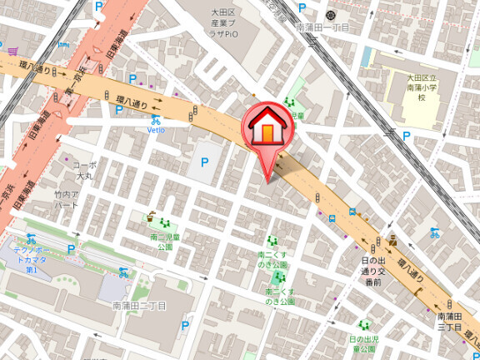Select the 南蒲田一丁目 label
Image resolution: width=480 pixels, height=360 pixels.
(322, 27)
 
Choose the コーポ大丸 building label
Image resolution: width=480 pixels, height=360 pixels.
(84, 170)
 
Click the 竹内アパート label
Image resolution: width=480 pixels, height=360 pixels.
(66, 199)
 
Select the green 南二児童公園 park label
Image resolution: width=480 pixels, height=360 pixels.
(162, 242)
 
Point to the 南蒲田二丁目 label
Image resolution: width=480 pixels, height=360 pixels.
(139, 306)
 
